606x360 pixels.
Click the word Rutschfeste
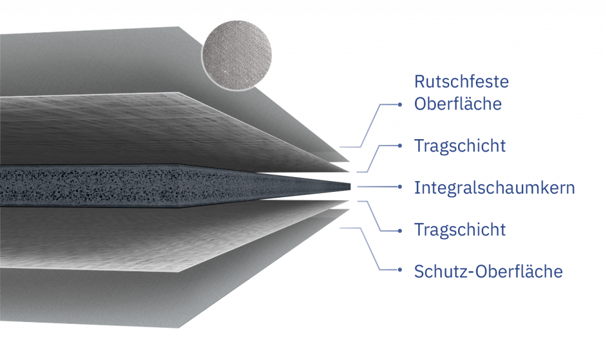(462, 81)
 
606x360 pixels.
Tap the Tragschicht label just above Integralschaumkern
(460, 146)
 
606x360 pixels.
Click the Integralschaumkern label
(494, 188)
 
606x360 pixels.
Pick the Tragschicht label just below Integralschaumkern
(460, 229)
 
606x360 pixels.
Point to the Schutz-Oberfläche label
(488, 272)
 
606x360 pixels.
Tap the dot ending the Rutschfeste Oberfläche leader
(400, 104)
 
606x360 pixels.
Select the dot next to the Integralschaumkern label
(400, 187)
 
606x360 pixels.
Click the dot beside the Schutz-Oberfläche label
(400, 271)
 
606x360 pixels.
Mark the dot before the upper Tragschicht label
(400, 146)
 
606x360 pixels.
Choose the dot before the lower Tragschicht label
(400, 230)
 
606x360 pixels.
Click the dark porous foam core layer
(148, 185)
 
